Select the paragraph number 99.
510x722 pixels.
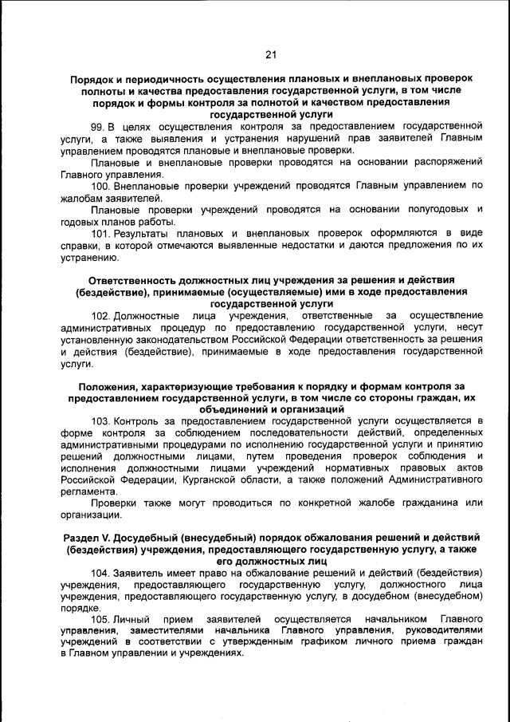click(98, 126)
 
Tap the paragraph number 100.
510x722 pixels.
click(101, 186)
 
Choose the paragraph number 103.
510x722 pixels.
click(101, 420)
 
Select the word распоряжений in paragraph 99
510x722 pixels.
click(446, 162)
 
